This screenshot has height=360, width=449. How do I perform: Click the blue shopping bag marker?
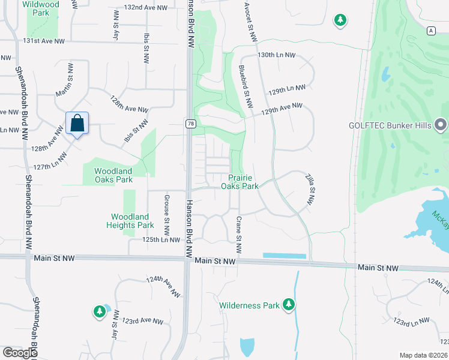[x=77, y=124]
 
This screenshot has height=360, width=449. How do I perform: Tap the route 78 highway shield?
[x=190, y=124]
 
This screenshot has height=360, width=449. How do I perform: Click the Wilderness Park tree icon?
[x=289, y=305]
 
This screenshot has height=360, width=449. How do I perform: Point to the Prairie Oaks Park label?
[x=243, y=182]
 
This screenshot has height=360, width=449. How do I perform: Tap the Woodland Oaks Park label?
[x=113, y=175]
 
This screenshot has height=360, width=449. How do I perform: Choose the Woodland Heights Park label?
[x=130, y=221]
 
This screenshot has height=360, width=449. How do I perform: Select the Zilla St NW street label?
[x=310, y=190]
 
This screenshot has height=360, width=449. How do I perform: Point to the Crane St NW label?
[x=238, y=235]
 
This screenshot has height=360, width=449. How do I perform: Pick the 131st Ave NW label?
[x=43, y=41]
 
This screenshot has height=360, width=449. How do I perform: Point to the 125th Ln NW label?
[x=161, y=240]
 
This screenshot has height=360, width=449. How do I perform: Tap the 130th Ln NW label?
[x=276, y=55]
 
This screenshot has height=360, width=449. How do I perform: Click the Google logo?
[x=20, y=352]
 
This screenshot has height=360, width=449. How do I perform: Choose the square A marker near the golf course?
[x=431, y=31]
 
